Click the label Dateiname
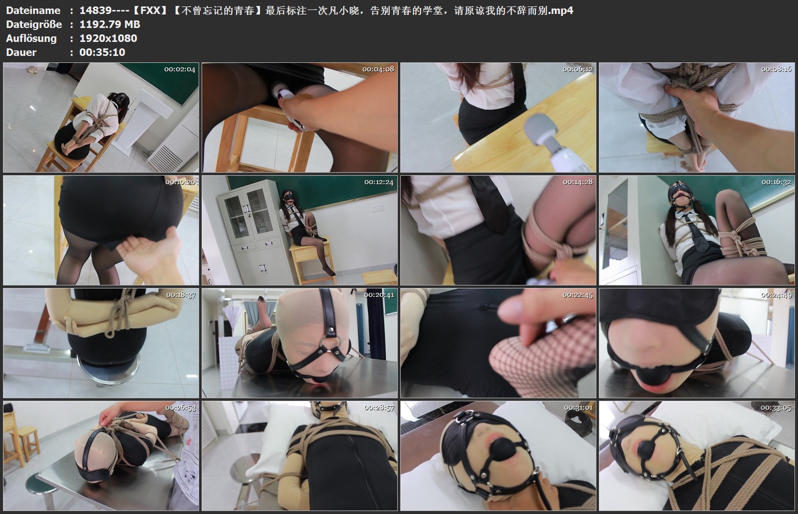click(x=33, y=10)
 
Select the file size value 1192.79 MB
click(x=110, y=24)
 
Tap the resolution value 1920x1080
click(x=108, y=38)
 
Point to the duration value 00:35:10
click(x=102, y=52)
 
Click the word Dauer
click(x=21, y=52)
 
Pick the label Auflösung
click(x=31, y=38)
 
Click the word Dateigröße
click(x=34, y=24)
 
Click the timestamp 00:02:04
click(x=180, y=69)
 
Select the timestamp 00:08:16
click(x=776, y=69)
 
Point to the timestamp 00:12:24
click(x=379, y=182)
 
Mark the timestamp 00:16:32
click(x=776, y=182)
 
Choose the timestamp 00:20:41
click(x=379, y=295)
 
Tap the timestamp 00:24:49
click(x=776, y=295)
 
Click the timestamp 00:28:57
click(x=379, y=408)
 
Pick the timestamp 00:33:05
click(x=776, y=408)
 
